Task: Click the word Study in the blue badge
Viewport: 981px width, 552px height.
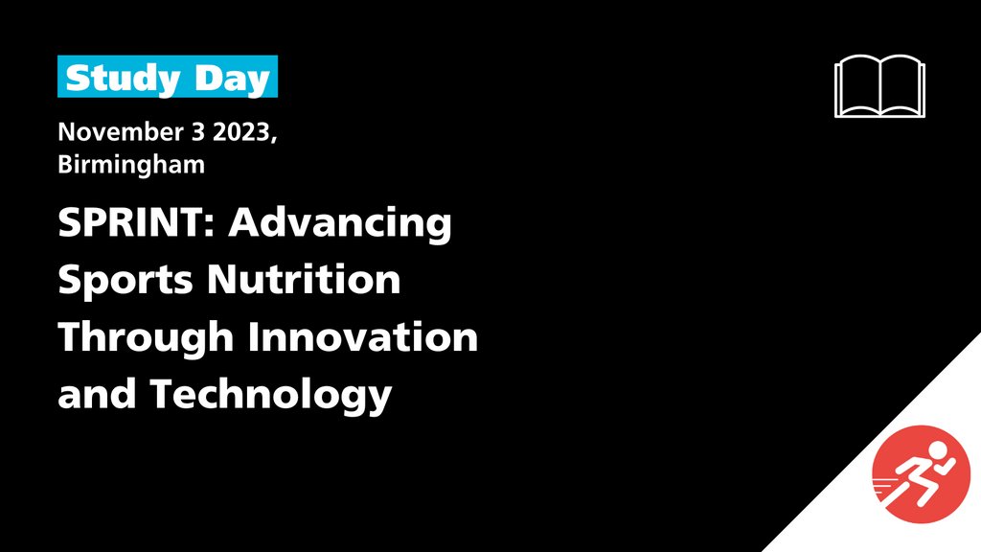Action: point(123,79)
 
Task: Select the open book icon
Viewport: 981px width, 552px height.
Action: point(879,86)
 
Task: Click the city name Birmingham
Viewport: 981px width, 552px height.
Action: point(131,165)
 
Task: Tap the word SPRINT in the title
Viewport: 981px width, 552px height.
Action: point(130,221)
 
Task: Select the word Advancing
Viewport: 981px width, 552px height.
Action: point(340,224)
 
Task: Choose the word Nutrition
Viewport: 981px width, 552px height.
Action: point(304,279)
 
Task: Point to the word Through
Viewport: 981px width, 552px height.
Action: point(146,338)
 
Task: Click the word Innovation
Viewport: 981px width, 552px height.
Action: point(363,336)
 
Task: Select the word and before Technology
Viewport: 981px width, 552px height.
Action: point(97,394)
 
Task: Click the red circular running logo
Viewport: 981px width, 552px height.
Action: point(921,474)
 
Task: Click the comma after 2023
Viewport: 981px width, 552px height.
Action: point(273,138)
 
